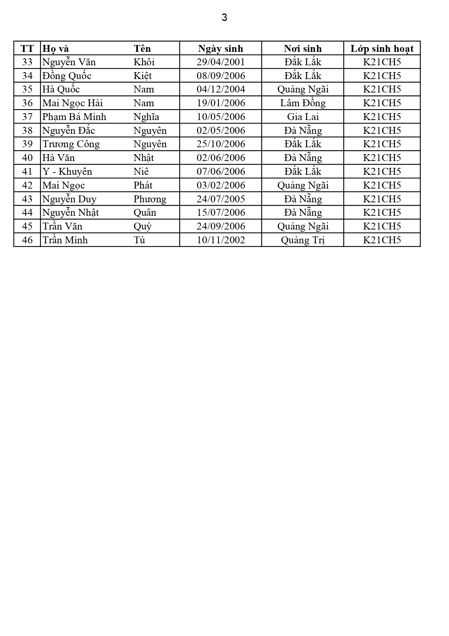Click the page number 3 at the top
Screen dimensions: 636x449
224,17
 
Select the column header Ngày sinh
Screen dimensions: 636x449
221,49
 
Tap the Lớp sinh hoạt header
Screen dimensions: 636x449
382,49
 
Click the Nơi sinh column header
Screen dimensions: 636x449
303,49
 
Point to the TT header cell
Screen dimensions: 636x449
27,49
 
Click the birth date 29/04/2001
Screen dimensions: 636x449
221,62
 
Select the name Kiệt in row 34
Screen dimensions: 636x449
143,76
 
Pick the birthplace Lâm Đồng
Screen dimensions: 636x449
303,103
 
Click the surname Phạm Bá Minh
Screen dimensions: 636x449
74,117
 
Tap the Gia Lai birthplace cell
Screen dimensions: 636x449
303,117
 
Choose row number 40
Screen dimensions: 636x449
27,158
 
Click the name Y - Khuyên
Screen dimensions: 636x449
67,172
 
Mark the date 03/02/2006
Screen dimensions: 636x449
221,185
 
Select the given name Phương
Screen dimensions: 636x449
150,199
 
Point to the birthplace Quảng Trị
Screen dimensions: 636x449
303,240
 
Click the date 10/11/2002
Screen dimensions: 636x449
221,240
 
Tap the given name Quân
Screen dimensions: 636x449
145,212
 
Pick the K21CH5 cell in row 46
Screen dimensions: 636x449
382,240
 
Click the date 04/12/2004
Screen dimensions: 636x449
221,89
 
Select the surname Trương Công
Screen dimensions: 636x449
71,144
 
